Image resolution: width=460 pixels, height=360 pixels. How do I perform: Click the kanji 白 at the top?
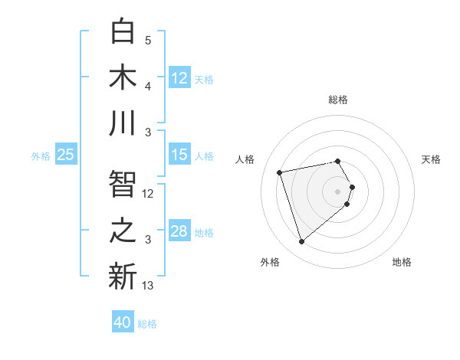pyautogui.click(x=123, y=31)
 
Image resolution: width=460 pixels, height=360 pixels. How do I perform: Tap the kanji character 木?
pyautogui.click(x=123, y=77)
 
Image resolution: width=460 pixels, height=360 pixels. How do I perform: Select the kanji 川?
pyautogui.click(x=123, y=123)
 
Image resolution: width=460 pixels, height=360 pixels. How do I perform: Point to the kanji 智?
pyautogui.click(x=123, y=184)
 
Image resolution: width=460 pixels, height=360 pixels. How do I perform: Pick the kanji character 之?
pyautogui.click(x=123, y=230)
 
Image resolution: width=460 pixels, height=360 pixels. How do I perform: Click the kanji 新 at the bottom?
pyautogui.click(x=123, y=276)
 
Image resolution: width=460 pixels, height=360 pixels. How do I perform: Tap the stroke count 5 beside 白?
pyautogui.click(x=148, y=41)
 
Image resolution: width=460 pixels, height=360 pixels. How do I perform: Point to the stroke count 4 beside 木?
pyautogui.click(x=148, y=87)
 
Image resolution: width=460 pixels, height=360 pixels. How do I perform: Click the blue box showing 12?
pyautogui.click(x=179, y=78)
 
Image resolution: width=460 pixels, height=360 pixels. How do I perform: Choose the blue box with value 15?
pyautogui.click(x=179, y=155)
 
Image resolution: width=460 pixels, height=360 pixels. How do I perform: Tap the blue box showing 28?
pyautogui.click(x=179, y=231)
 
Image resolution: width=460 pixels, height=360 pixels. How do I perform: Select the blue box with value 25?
pyautogui.click(x=66, y=155)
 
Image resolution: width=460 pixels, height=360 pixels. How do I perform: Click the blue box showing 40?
pyautogui.click(x=123, y=322)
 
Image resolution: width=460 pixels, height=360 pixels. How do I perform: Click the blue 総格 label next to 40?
pyautogui.click(x=147, y=324)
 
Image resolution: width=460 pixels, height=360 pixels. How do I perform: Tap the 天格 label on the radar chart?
pyautogui.click(x=431, y=159)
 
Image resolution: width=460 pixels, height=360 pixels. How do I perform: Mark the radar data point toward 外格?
pyautogui.click(x=302, y=242)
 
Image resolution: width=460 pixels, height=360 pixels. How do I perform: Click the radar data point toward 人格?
pyautogui.click(x=280, y=172)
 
